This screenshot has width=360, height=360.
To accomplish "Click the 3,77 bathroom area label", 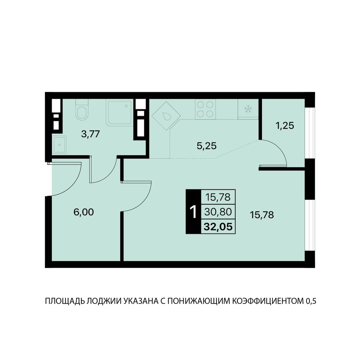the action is [90, 134].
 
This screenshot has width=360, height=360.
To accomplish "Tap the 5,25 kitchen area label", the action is [206, 146].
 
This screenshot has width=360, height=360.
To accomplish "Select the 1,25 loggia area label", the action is [285, 126].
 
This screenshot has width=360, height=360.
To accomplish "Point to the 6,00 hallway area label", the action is [84, 213].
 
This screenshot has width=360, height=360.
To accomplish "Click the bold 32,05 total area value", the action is [218, 227].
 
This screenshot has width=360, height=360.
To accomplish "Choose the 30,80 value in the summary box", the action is [218, 212].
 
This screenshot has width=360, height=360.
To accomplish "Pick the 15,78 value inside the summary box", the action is [218, 197].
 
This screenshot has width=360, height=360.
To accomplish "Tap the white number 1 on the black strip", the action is [193, 212].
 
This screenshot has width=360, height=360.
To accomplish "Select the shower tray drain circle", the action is [126, 106].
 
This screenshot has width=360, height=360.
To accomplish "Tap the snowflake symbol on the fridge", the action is [248, 109].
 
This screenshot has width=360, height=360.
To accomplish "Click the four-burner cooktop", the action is [205, 109].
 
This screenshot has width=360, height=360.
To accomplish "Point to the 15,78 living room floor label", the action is [262, 215].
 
